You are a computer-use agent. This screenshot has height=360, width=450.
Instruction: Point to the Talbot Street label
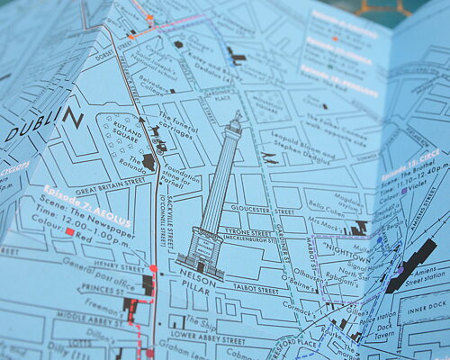point(252,287)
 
